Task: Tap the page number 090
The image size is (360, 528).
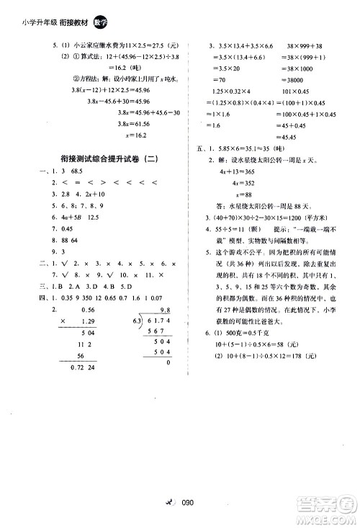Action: [x=189, y=504]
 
